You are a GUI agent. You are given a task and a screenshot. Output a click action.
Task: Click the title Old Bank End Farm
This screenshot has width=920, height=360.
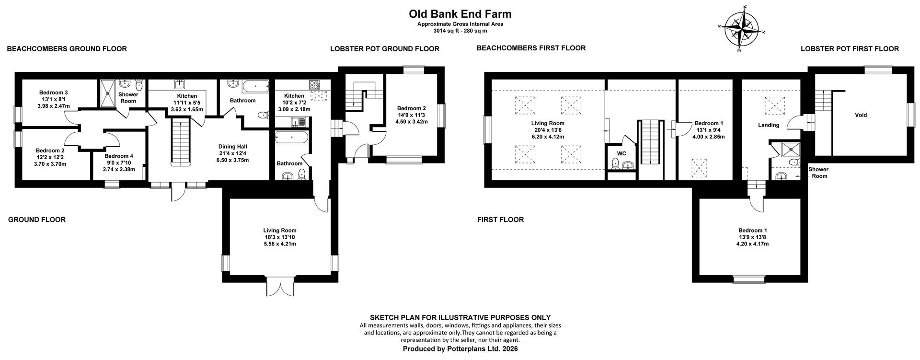click(460, 14)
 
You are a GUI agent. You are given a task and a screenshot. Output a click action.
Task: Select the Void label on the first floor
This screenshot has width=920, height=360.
click(861, 115)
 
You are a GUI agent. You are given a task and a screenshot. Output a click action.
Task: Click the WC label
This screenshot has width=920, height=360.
click(621, 153)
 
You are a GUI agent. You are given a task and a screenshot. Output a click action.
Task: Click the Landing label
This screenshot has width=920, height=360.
click(768, 125)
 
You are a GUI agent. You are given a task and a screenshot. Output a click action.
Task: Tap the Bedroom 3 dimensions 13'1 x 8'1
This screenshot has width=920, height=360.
click(54, 99)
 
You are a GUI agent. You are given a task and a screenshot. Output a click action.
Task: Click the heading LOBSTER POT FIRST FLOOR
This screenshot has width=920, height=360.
click(850, 48)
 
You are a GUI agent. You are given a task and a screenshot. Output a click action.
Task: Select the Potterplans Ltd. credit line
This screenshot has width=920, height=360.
click(460, 349)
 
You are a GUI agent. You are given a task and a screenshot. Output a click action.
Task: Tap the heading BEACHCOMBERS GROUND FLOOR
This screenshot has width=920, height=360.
click(67, 48)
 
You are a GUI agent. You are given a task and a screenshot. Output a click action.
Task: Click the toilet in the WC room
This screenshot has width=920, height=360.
click(615, 164)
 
